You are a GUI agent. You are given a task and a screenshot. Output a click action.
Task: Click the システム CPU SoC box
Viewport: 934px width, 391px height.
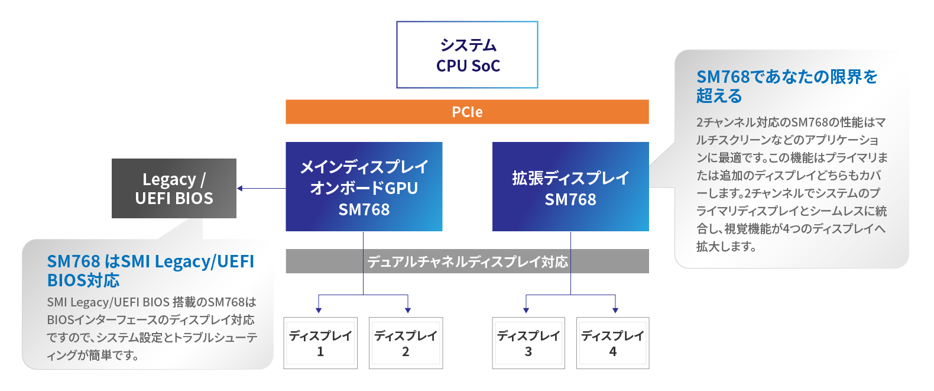coord(467,55)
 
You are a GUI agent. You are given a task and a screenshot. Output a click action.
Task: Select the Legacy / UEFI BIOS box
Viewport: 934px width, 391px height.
coord(174,188)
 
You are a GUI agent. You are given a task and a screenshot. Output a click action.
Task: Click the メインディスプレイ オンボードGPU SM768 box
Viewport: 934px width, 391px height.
coord(364,186)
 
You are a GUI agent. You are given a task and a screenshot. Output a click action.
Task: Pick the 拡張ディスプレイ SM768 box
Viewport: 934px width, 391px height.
coord(570,186)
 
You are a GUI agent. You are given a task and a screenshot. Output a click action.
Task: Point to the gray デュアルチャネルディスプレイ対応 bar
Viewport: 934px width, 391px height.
coord(467,261)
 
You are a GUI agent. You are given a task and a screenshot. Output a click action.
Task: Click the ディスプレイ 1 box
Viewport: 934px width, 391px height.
coord(320,343)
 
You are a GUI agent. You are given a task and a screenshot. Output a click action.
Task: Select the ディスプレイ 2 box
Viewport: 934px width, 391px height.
coord(406,343)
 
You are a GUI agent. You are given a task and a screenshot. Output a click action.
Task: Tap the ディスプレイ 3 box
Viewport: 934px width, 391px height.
coord(528,343)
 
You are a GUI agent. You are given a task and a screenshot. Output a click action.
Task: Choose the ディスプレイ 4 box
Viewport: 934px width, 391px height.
coord(612,343)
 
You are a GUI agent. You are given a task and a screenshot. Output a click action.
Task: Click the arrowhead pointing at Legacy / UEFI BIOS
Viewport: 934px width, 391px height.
coord(240,189)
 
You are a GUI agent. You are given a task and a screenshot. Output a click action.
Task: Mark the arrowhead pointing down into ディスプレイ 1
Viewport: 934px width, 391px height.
coord(319,309)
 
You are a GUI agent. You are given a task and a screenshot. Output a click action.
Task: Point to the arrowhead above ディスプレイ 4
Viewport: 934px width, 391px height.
coord(615,309)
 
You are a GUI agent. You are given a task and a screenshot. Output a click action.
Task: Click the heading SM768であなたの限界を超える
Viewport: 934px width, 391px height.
coord(786,86)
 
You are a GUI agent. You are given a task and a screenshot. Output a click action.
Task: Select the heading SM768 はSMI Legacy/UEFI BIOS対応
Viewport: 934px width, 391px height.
coord(150,270)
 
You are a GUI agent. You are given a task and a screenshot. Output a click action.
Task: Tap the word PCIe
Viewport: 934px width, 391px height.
coord(467,112)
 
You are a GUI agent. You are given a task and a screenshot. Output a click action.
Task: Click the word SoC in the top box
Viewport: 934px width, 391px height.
coord(486,66)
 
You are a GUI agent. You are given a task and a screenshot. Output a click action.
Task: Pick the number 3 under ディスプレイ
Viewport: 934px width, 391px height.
coord(528,352)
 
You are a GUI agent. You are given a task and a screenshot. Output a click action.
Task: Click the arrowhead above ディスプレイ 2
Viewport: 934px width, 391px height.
coord(408,309)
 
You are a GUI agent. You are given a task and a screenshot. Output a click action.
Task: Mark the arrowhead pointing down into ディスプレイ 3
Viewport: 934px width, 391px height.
coord(526,309)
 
